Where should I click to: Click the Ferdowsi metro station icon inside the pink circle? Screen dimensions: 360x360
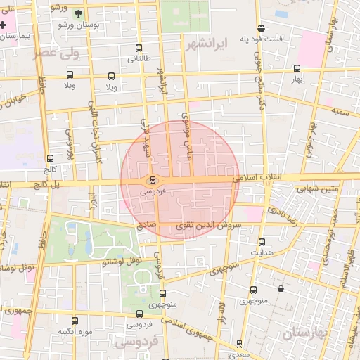pos(153,180)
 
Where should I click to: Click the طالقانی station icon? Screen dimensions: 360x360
pos(138,49)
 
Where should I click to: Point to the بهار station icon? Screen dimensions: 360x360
pos(297,69)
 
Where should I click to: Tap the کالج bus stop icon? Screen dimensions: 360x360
pos(49,159)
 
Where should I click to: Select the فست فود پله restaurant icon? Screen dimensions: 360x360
pos(261,29)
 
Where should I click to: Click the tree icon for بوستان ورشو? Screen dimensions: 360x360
pos(78,13)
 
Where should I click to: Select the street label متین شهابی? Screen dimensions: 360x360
pos(317,188)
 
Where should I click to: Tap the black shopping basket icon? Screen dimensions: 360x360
pos(281,288)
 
